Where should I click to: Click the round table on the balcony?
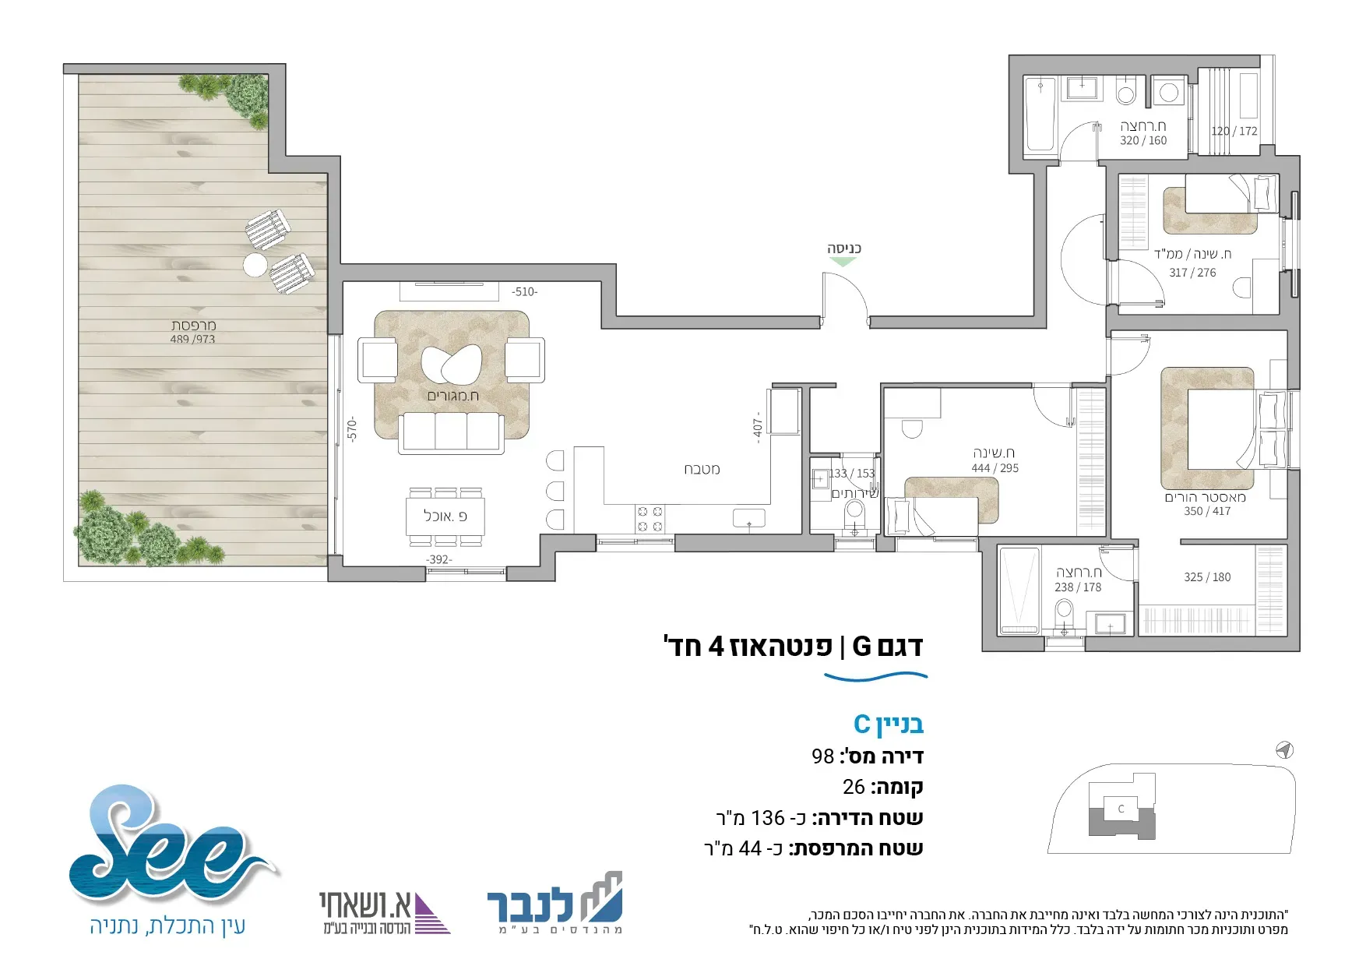[x=255, y=265]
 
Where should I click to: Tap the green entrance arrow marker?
[x=843, y=263]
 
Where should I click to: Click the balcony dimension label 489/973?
[x=192, y=339]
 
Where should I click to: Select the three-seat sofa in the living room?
[x=450, y=432]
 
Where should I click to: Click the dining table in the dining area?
[x=445, y=516]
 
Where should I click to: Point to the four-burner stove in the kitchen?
[x=650, y=519]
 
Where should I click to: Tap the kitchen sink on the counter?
[x=749, y=518]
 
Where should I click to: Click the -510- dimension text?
[x=524, y=292]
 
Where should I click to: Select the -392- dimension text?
[x=438, y=559]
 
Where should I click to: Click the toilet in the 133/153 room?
[x=854, y=515]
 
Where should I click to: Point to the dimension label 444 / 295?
[x=995, y=468]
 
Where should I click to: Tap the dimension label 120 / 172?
[x=1234, y=131]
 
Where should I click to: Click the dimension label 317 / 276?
[x=1192, y=273]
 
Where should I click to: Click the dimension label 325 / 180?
[x=1207, y=577]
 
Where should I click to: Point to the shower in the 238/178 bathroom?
[x=1019, y=591]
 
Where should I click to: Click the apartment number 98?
[x=822, y=756]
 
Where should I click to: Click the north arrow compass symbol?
[x=1284, y=750]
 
